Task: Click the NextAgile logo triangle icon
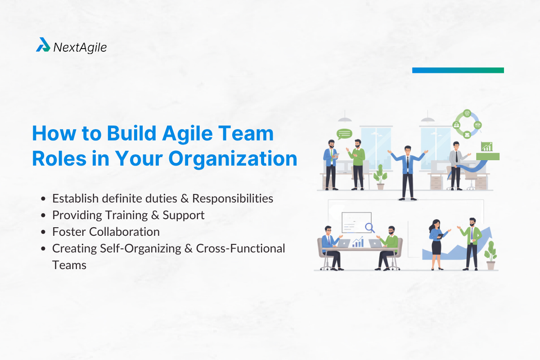coord(43,45)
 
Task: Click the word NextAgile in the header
coord(80,47)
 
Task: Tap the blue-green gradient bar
coord(458,70)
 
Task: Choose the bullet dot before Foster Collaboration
coord(43,232)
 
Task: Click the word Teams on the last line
coord(69,265)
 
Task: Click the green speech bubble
coord(344,134)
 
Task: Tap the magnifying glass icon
coord(370,228)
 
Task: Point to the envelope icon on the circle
coord(467,134)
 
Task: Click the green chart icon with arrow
coord(487,147)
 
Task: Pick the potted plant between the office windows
coord(380,176)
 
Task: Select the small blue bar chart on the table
coord(358,243)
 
